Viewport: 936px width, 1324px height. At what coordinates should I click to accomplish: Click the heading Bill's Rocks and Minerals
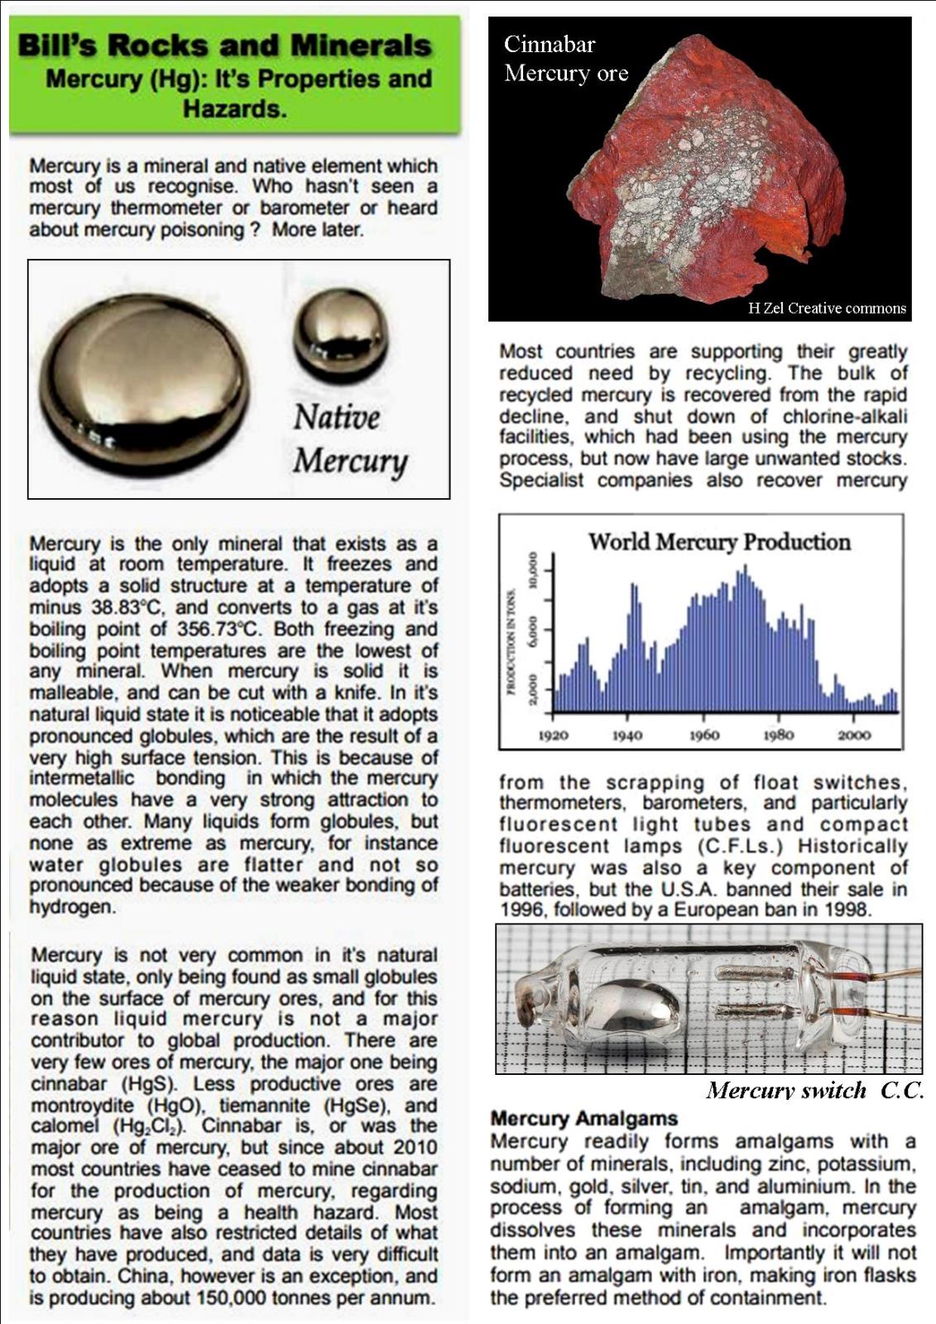click(x=224, y=46)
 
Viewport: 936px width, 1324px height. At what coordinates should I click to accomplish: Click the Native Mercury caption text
click(x=350, y=439)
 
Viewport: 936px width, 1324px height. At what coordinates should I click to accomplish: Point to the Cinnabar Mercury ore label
click(x=566, y=59)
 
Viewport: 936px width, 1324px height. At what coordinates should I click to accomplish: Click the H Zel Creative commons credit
click(x=827, y=309)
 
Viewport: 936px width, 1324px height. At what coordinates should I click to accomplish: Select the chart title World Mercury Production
click(x=719, y=542)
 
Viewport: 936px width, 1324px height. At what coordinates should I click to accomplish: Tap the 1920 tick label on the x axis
click(x=553, y=735)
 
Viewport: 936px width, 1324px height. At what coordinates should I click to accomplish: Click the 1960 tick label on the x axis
click(x=704, y=735)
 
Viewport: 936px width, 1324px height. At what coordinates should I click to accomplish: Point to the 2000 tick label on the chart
click(x=854, y=735)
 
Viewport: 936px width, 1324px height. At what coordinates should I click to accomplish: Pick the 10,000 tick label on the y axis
click(x=534, y=571)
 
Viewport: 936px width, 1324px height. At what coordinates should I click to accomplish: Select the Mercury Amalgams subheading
click(x=584, y=1119)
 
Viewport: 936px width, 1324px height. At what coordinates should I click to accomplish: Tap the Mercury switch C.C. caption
click(x=814, y=1091)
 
